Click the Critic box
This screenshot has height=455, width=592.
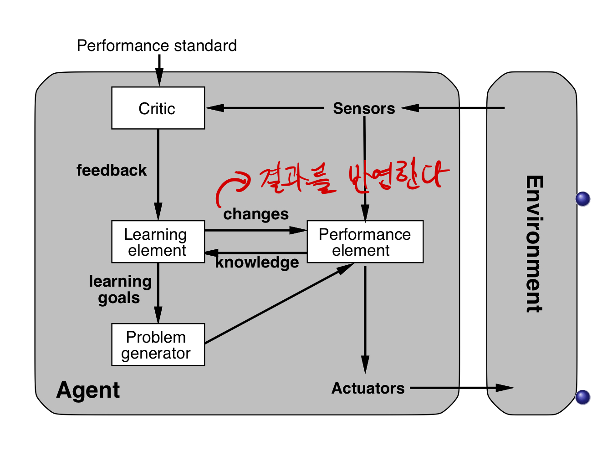(158, 108)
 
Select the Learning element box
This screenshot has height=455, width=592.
(158, 242)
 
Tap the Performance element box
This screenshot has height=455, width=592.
(365, 242)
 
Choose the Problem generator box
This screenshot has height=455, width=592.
(158, 345)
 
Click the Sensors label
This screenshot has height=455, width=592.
(364, 108)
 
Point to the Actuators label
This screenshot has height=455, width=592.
(368, 388)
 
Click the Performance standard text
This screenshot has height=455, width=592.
(157, 45)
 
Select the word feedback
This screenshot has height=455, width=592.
(112, 170)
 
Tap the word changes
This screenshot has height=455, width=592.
(256, 214)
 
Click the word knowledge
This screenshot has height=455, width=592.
(257, 263)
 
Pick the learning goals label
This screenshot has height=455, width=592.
(120, 289)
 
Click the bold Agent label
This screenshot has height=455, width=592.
(88, 390)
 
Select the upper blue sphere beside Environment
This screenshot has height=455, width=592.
(582, 199)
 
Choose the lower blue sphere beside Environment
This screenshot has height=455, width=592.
(582, 397)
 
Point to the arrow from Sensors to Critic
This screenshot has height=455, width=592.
(264, 108)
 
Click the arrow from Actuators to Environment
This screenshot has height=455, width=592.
(460, 388)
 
